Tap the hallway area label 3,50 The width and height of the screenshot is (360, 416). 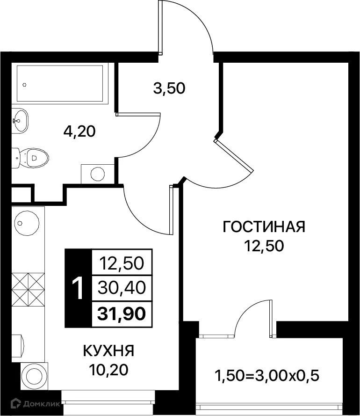point(169,88)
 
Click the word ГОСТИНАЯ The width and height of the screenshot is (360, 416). point(264,227)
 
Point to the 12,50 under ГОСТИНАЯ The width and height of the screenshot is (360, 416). point(264,246)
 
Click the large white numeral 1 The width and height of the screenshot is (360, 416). point(79,288)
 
